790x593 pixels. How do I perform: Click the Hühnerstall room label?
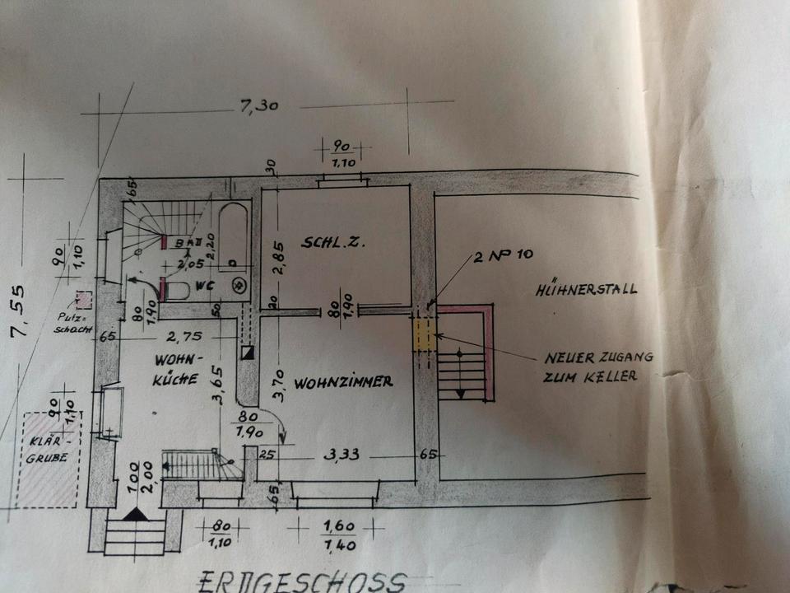click(x=586, y=290)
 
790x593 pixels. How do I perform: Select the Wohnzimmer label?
click(x=343, y=382)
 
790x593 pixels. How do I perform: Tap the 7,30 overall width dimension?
click(x=253, y=105)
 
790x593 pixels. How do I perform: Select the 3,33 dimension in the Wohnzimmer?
click(x=342, y=454)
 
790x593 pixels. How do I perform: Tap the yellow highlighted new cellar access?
click(x=423, y=335)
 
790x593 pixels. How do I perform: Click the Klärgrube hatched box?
click(x=52, y=460)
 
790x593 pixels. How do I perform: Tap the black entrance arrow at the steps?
click(x=135, y=514)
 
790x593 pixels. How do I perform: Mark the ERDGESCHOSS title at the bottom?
click(x=301, y=581)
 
